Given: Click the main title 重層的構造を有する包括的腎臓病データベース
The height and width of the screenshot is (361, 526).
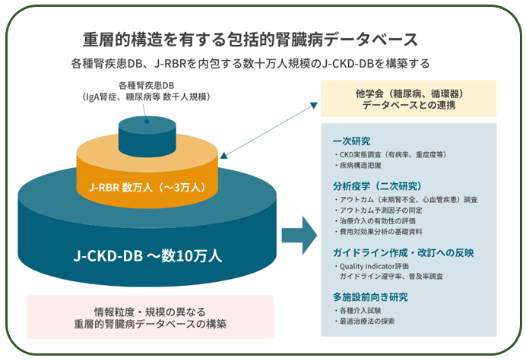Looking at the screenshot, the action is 250,40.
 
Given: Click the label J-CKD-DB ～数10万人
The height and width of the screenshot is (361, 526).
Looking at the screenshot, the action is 147,255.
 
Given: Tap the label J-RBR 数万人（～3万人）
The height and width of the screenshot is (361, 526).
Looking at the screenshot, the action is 147,187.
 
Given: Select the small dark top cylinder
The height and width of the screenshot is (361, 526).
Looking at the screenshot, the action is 147,137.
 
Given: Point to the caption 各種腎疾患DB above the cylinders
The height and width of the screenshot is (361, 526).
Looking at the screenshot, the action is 146,86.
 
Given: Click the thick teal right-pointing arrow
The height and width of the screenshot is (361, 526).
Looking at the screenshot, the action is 299,236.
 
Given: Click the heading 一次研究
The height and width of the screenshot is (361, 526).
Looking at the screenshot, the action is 352,141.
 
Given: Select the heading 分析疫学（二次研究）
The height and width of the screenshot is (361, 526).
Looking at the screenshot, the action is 377,186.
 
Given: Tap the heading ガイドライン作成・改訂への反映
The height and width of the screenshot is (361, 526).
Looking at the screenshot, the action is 403,252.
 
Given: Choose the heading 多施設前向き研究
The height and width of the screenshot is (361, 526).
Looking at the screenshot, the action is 370,297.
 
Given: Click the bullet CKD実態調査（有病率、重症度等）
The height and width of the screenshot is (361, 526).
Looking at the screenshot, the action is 391,155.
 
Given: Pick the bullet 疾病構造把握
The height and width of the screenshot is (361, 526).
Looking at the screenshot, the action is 357,166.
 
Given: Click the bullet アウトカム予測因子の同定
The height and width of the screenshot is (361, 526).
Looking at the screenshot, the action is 378,211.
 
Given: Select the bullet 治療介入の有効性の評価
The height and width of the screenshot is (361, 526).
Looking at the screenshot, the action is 375,221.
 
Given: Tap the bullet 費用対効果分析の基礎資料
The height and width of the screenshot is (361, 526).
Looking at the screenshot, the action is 378,232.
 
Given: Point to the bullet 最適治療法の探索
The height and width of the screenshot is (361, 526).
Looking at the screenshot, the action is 364,321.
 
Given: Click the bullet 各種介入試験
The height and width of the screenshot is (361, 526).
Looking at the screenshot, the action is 357,311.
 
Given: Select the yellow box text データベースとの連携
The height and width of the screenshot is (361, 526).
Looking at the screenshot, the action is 409,106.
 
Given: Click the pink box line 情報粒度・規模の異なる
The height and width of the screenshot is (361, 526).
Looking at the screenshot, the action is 150,312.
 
